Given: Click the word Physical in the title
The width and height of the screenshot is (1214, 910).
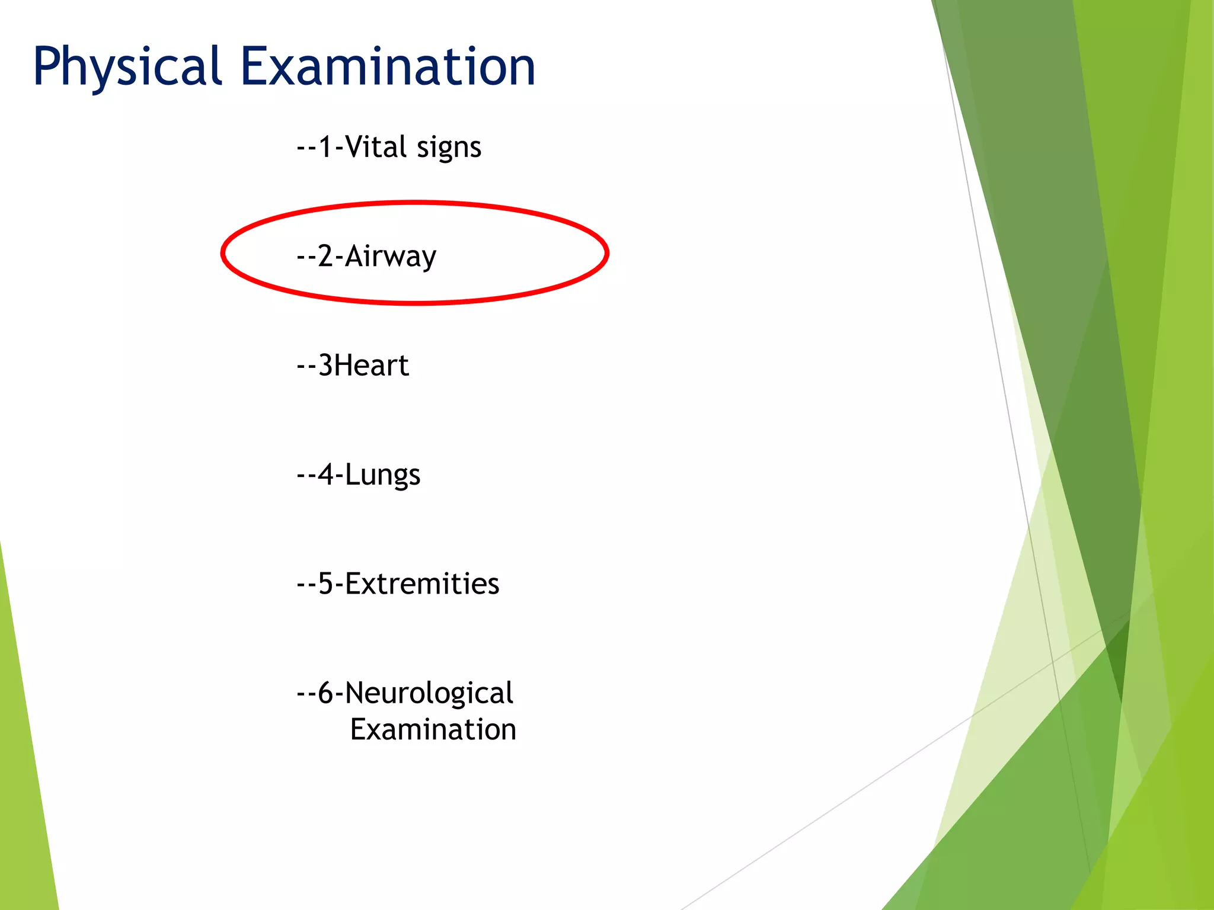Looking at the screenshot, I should pos(127,66).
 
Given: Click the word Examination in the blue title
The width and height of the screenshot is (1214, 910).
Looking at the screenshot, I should pos(388,66).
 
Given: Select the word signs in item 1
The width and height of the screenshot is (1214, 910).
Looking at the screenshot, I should pos(449,148).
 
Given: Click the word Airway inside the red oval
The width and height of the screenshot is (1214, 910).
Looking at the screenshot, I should pos(391,257).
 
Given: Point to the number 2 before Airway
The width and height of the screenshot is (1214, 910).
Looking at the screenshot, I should pos(325,256).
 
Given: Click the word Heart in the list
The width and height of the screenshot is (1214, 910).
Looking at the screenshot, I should pos(372,365).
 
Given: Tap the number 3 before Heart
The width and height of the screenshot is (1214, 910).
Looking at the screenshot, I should pos(325,365).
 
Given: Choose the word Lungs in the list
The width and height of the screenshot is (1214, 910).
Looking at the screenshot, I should pos(382,475).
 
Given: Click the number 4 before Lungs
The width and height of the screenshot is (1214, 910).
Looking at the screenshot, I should pos(326,475).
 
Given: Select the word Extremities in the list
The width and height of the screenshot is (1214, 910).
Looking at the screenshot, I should pos(422,584).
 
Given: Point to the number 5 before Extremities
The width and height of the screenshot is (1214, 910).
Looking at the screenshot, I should pos(326,584).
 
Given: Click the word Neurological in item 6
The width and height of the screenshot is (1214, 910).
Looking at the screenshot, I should pos(429,693).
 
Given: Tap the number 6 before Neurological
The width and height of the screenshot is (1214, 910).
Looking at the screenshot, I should pos(326,693).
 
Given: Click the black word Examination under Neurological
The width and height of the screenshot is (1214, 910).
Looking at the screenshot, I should pos(433,729).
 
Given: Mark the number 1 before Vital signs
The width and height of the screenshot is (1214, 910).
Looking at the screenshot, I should pos(325,146).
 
